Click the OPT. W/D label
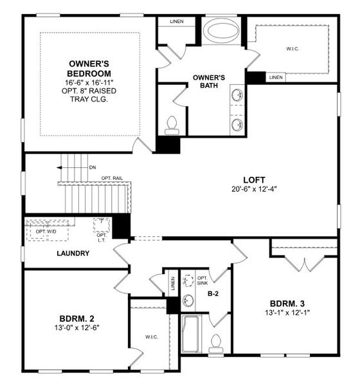coord(46,231)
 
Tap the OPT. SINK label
coord(203,281)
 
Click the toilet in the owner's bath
coord(172,124)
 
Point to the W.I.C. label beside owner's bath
coord(292,48)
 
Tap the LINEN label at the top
coord(177,21)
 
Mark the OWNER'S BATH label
coord(209,82)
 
